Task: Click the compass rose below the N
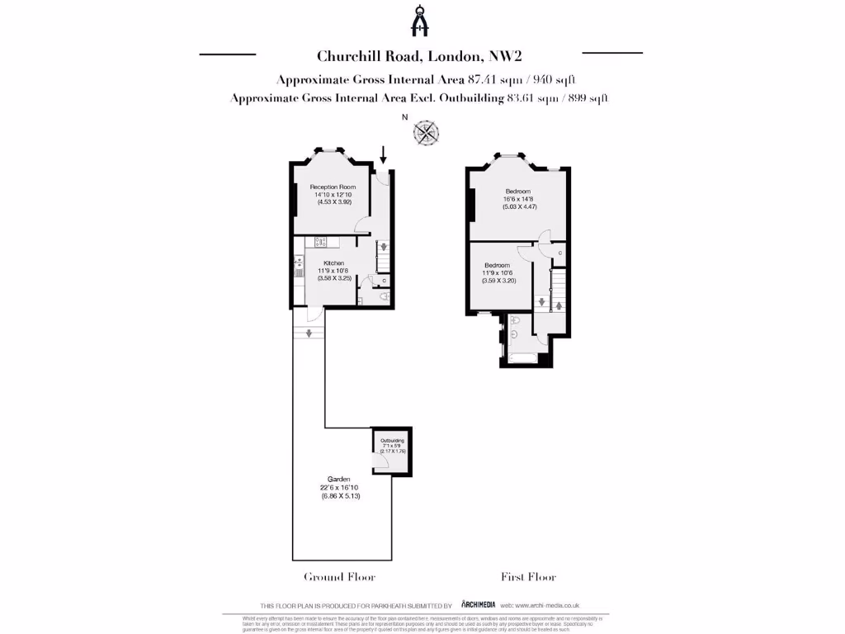(427, 133)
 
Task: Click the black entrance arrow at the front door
(383, 154)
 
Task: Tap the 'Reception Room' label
(333, 187)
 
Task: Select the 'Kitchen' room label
(333, 263)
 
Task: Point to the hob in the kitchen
(322, 242)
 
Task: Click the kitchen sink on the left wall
(300, 270)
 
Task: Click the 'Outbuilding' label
(391, 441)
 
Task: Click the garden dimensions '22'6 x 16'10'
(339, 488)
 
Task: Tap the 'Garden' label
(339, 479)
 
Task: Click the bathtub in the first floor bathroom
(522, 358)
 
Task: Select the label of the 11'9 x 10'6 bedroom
(497, 265)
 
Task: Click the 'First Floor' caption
(528, 577)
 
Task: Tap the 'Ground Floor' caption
(339, 577)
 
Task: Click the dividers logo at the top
(422, 21)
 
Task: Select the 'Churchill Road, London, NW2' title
(421, 56)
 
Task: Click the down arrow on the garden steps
(308, 334)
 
